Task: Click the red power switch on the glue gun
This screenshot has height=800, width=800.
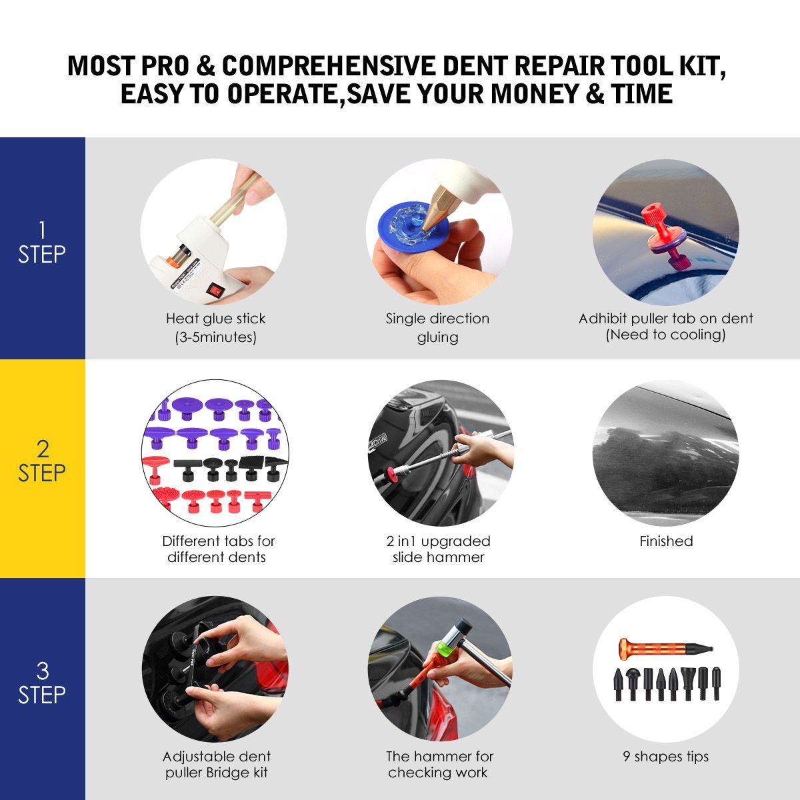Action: coord(215,290)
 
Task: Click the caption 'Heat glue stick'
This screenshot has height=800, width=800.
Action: coord(215,319)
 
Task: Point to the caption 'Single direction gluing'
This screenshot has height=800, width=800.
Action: coord(437,327)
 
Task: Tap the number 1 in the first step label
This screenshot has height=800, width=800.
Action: coord(43,230)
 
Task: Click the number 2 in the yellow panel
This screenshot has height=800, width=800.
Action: coord(43,449)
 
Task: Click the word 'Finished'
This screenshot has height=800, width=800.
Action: coord(666,541)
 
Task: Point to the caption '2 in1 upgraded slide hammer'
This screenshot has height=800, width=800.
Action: coord(439,549)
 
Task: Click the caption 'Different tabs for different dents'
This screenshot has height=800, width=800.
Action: coord(218,549)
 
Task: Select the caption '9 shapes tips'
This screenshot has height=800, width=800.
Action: coord(665,757)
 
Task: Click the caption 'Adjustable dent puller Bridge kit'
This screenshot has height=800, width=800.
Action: coord(216,764)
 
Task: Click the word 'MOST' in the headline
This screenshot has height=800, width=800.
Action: coord(101,65)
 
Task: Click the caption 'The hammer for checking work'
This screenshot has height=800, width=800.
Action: coord(439,764)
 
